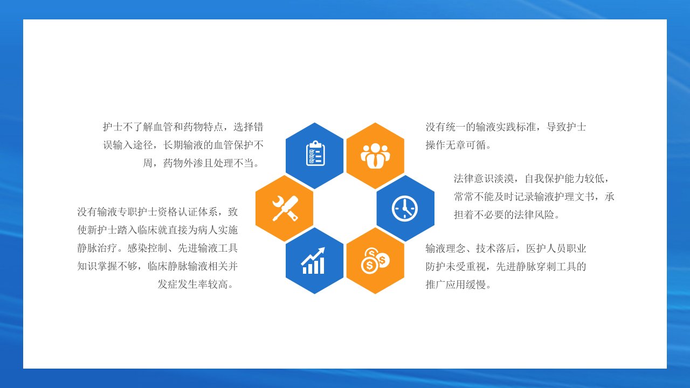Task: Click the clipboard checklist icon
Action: (x=315, y=154)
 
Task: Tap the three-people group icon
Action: (x=375, y=156)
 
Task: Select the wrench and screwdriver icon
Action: (x=285, y=209)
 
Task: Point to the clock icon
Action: (x=405, y=209)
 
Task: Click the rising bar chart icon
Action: (x=313, y=260)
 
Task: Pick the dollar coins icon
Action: (x=375, y=261)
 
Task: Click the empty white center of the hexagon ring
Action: (x=345, y=209)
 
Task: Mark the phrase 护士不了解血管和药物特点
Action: (x=163, y=127)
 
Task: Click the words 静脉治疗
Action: (x=97, y=248)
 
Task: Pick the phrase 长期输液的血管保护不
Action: (x=213, y=145)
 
